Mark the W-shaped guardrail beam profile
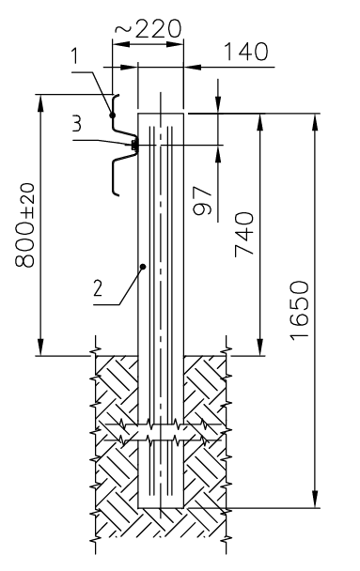point(117,150)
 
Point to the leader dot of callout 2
point(142,268)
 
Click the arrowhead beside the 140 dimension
point(191,67)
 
